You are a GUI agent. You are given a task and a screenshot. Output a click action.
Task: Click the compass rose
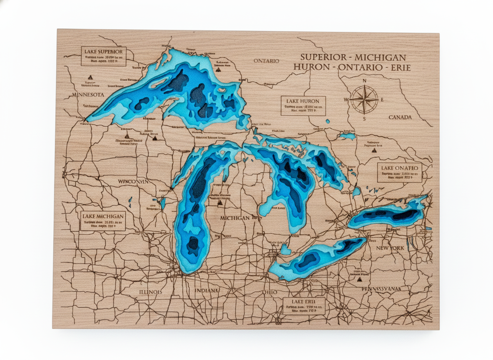tap(364, 100)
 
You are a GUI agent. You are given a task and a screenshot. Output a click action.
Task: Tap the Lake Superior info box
tap(103, 56)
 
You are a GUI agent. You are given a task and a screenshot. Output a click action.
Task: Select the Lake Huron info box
tap(303, 106)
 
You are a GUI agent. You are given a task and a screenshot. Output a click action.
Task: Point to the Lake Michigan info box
tap(102, 221)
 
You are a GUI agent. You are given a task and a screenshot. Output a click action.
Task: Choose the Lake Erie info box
tap(304, 306)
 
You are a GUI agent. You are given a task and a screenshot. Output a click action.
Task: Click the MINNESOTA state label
tap(88, 95)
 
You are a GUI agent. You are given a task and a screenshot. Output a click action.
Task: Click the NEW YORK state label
tap(390, 248)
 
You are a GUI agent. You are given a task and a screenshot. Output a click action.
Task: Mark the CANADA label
tap(400, 117)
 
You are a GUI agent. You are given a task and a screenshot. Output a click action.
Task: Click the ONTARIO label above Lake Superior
tap(266, 61)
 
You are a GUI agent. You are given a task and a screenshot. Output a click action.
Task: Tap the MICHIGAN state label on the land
tap(235, 218)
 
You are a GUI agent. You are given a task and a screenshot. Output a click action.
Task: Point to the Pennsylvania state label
tap(381, 289)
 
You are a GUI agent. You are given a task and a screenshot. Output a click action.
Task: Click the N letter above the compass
tap(364, 81)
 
